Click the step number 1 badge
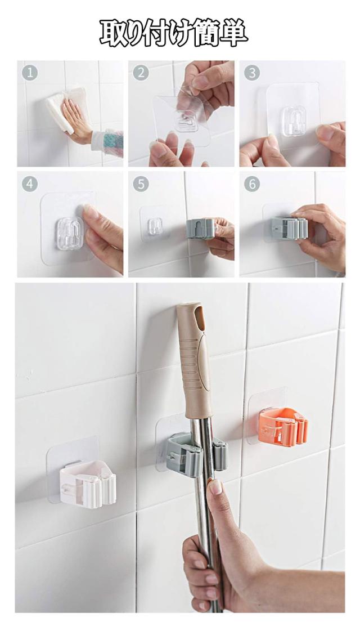[x=31, y=73]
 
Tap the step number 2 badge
[x=141, y=73]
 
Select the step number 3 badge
[x=252, y=73]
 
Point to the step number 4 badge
[x=31, y=184]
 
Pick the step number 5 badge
[x=141, y=184]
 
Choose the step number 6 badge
[x=252, y=184]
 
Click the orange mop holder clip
[x=282, y=427]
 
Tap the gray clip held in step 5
[x=201, y=229]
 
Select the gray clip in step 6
[x=290, y=227]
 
